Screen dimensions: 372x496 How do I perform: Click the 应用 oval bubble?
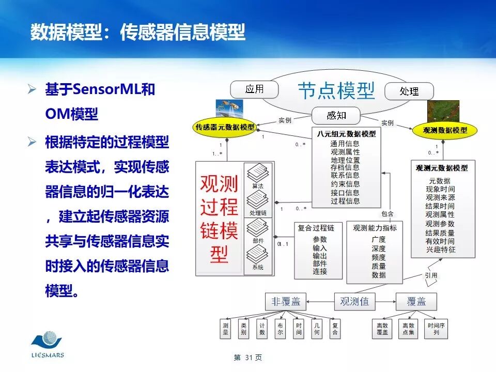[x=254, y=89]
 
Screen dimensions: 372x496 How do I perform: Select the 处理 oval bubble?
[x=409, y=91]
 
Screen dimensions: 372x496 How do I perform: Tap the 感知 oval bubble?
[x=336, y=115]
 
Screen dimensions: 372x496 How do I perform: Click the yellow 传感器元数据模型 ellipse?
[x=225, y=127]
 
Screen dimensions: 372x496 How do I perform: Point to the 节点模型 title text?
[x=336, y=91]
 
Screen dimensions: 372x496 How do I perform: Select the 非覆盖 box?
[x=286, y=301]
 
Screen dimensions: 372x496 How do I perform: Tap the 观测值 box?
[x=354, y=301]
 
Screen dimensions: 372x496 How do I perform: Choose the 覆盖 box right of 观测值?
[x=416, y=301]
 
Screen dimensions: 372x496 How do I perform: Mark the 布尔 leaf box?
[x=280, y=329]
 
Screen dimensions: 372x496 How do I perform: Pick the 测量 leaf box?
[x=226, y=329]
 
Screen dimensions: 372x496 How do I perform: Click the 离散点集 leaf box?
[x=408, y=329]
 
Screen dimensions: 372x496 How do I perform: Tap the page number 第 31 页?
[x=248, y=358]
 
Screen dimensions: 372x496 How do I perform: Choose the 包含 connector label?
[x=387, y=213]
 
